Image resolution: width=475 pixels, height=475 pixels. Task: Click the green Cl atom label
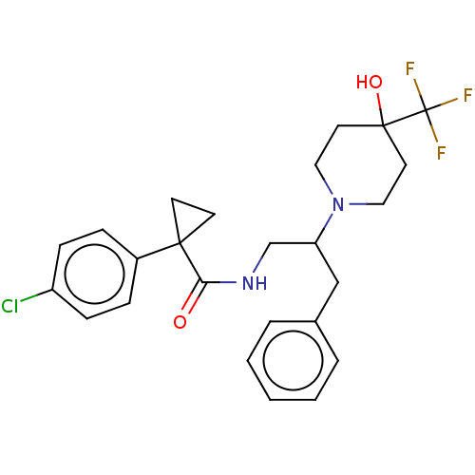pyautogui.click(x=9, y=306)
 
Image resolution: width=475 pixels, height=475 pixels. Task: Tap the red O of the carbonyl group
pyautogui.click(x=180, y=322)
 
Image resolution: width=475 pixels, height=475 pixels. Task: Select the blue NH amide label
pyautogui.click(x=255, y=283)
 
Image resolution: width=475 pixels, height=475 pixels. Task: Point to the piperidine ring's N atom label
pyautogui.click(x=338, y=204)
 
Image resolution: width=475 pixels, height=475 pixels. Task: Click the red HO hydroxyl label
pyautogui.click(x=370, y=82)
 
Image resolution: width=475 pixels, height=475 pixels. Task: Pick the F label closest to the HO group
pyautogui.click(x=410, y=68)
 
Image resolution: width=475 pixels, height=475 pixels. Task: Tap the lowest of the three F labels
pyautogui.click(x=442, y=153)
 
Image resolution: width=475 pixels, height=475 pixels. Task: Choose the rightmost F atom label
pyautogui.click(x=468, y=95)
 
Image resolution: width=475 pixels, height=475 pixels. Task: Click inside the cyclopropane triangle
pyautogui.click(x=188, y=218)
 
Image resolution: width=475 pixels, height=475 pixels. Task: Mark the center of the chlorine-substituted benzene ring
pyautogui.click(x=95, y=274)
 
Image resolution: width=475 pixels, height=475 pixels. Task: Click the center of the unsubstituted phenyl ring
pyautogui.click(x=293, y=361)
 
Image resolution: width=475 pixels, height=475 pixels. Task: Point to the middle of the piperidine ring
pyautogui.click(x=361, y=164)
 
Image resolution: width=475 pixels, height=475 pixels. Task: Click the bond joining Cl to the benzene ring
pyautogui.click(x=36, y=295)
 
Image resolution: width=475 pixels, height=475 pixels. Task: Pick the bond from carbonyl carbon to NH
pyautogui.click(x=219, y=282)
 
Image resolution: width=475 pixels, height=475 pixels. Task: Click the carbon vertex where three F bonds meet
pyautogui.click(x=427, y=110)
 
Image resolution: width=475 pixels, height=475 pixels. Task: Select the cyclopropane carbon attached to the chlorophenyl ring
pyautogui.click(x=180, y=243)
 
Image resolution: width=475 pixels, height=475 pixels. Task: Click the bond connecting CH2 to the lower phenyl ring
pyautogui.click(x=327, y=301)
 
